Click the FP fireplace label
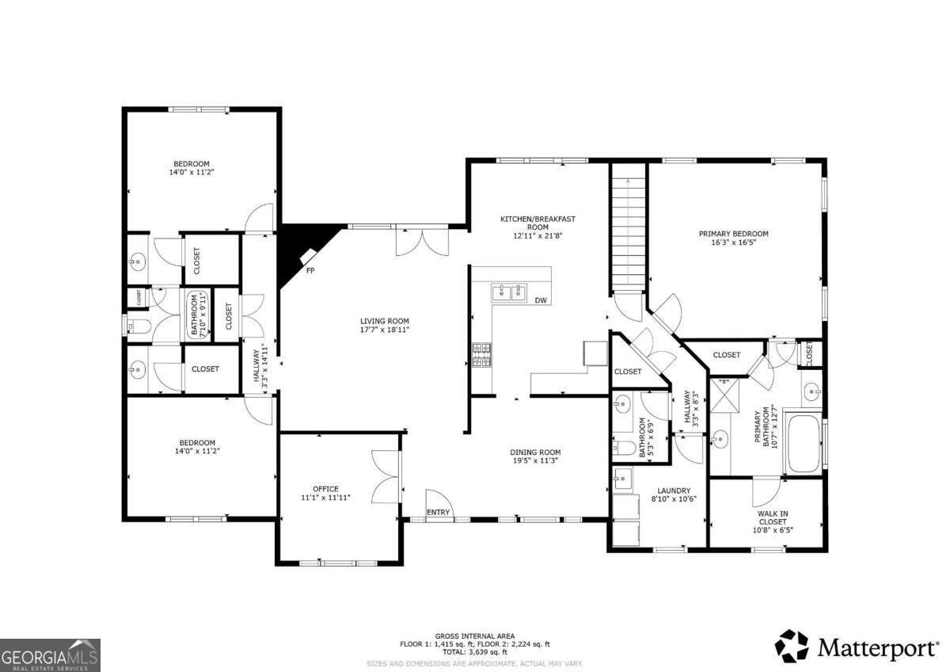(x=310, y=270)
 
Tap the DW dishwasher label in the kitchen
(x=541, y=300)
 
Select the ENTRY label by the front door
(x=438, y=513)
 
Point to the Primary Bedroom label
(x=733, y=234)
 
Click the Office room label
(x=325, y=489)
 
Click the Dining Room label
(x=535, y=452)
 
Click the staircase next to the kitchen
(x=628, y=230)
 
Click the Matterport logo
(x=856, y=647)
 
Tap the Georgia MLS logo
(x=51, y=655)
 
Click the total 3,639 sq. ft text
(x=475, y=653)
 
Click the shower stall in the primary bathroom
(x=722, y=395)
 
